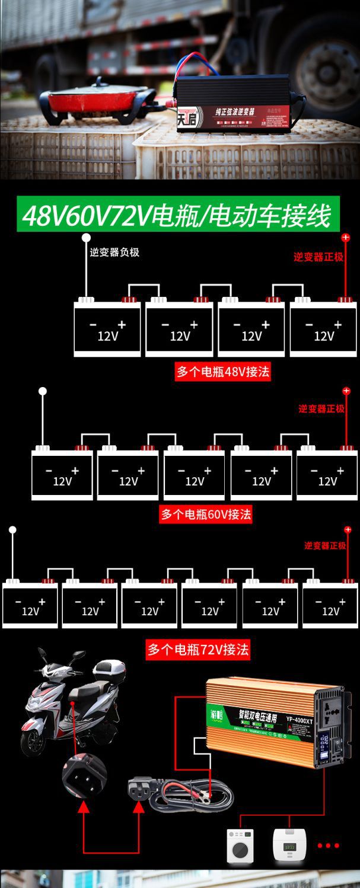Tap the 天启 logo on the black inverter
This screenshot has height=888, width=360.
point(188,118)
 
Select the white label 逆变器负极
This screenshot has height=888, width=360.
point(114,253)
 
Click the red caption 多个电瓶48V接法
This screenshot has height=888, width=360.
point(223,372)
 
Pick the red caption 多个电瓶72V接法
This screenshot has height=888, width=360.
point(198,650)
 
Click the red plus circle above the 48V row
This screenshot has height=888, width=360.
point(346,238)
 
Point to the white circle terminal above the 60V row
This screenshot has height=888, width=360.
point(43,391)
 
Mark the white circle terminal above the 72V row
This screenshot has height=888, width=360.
point(12,529)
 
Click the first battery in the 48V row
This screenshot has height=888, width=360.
point(107,330)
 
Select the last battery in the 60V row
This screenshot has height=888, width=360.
point(327,475)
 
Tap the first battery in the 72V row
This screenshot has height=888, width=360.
point(30,605)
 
